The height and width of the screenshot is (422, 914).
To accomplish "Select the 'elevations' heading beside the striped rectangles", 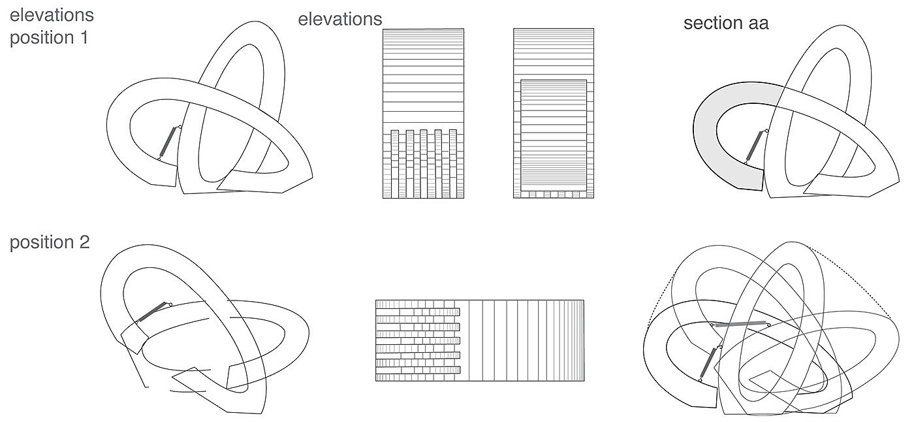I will click(x=339, y=19).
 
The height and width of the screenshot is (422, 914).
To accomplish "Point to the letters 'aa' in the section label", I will click(x=757, y=24).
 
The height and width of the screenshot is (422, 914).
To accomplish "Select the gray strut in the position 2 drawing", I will click(x=153, y=311).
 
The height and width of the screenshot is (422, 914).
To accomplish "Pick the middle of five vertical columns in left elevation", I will click(x=424, y=163).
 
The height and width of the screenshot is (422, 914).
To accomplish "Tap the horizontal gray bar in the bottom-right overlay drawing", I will click(x=740, y=323).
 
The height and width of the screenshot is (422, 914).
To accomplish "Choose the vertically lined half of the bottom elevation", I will click(x=522, y=340).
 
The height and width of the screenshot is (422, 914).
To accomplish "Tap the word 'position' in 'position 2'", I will click(x=40, y=243).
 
